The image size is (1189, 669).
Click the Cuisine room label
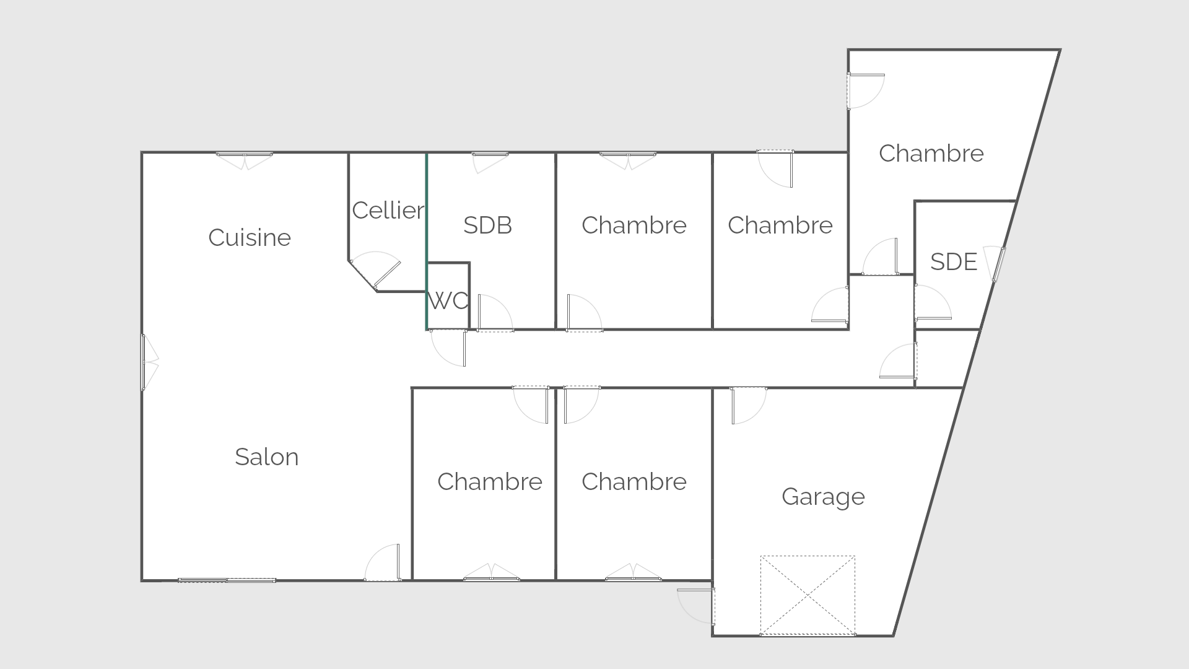250,238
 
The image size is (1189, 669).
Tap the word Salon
267,457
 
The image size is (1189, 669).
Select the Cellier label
388,211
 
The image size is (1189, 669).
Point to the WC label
448,301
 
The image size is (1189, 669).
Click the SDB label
488,225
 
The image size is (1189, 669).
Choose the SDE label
954,262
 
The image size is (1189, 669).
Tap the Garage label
823,497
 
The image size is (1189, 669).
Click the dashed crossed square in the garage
808,595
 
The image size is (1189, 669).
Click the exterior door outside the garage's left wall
697,606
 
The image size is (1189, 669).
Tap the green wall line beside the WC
426,241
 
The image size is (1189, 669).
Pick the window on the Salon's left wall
149,362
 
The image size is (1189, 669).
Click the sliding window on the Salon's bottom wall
227,580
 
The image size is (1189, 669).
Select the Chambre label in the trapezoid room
931,154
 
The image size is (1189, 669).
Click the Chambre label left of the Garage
634,482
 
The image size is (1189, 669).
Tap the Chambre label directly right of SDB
634,225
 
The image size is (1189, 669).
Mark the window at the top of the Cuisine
244,160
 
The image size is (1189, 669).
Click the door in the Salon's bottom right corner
382,563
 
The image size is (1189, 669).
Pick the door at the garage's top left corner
748,406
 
